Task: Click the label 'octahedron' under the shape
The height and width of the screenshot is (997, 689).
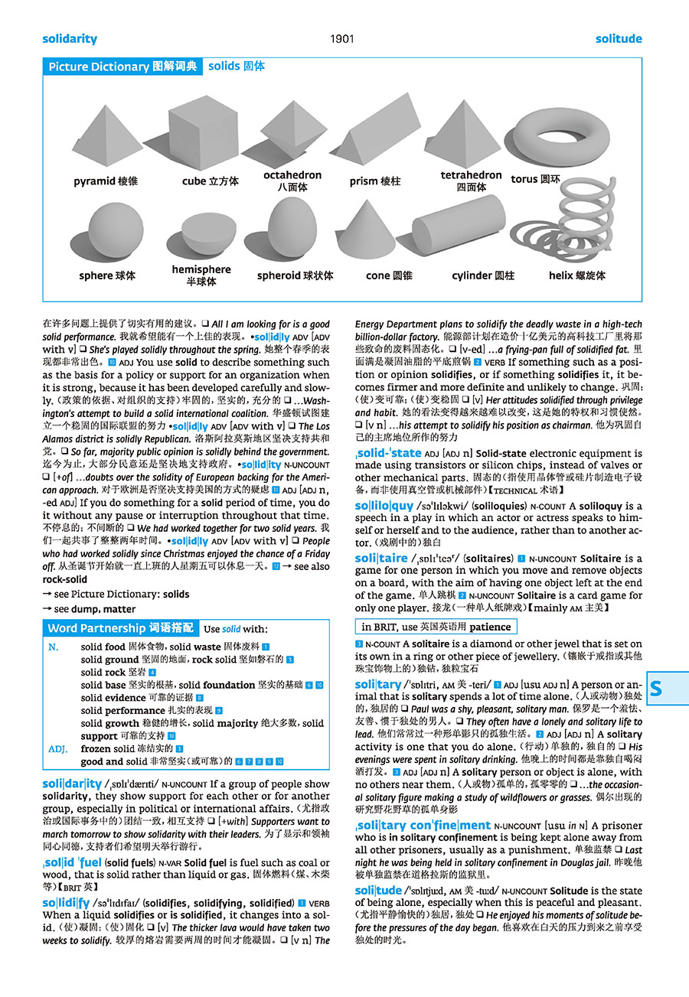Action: point(292,175)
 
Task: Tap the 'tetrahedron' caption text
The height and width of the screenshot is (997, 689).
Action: point(471,175)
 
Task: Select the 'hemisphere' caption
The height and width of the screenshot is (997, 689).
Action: point(201,269)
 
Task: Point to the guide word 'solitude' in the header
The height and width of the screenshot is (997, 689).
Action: point(619,39)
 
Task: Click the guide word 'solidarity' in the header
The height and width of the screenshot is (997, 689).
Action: point(70,39)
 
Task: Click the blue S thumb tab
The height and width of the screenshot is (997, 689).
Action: point(657,689)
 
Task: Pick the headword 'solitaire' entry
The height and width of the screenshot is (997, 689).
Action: point(381,559)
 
